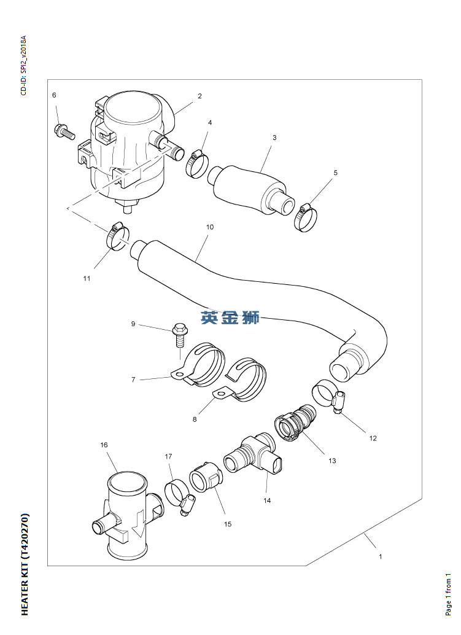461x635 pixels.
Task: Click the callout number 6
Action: click(x=54, y=95)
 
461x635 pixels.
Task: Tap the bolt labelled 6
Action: click(x=63, y=131)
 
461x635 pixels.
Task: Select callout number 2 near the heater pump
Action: click(x=200, y=96)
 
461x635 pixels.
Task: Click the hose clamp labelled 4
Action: click(x=196, y=163)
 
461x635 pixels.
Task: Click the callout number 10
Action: click(x=209, y=227)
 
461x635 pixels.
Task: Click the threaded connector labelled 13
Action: click(x=296, y=423)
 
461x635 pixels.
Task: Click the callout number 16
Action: click(x=104, y=445)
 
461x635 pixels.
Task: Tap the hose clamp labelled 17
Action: click(x=178, y=495)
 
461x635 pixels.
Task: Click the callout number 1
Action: click(x=381, y=557)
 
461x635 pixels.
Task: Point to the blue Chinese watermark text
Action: click(x=230, y=317)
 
